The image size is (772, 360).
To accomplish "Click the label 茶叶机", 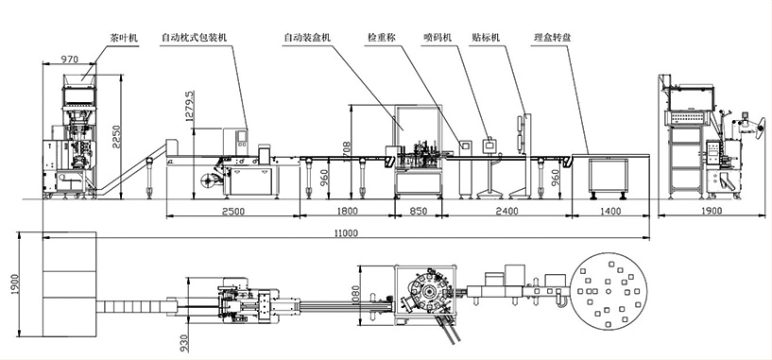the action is (124, 38).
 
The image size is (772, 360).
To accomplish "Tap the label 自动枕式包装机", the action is (194, 38).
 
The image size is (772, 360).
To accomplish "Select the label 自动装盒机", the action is (308, 38).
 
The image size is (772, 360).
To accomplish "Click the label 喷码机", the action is (437, 38).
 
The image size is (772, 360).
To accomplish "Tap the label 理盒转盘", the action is (553, 38).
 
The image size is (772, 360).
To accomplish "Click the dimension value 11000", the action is (346, 233).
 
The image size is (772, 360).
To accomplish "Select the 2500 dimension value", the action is (233, 212).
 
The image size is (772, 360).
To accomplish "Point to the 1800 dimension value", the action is (348, 212).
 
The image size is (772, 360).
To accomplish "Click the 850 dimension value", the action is (419, 212).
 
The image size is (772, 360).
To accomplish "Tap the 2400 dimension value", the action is (507, 212).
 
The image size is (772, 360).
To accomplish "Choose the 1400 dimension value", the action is (610, 212).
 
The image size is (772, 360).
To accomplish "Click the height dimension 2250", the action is (115, 135).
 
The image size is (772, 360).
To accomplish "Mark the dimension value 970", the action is (69, 60).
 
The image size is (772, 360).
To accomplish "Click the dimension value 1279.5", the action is (189, 106).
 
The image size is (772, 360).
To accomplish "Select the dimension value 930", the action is (184, 343).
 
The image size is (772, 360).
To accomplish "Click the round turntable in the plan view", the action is (609, 291).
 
